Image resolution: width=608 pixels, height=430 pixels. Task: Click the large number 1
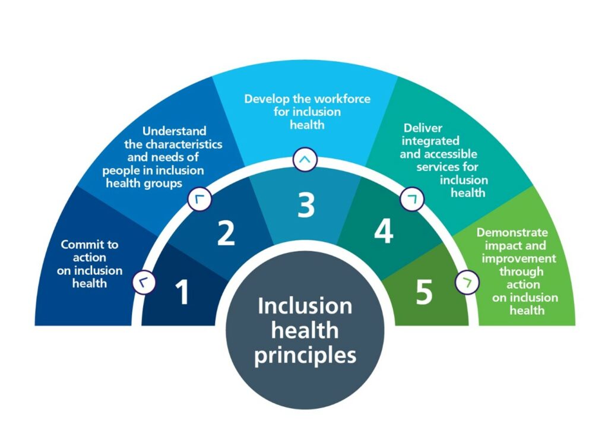182,292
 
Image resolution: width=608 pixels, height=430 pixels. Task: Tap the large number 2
226,233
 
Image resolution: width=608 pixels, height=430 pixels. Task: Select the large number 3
306,205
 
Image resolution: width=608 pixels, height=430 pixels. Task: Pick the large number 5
424,292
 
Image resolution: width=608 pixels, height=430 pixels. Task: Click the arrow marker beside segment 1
144,282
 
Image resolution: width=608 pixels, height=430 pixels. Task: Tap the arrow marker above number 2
199,200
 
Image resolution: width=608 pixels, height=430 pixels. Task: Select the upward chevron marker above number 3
305,159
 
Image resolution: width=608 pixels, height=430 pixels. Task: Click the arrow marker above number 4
412,200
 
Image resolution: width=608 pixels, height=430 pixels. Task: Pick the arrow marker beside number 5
467,282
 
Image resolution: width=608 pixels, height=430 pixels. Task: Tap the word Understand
175,131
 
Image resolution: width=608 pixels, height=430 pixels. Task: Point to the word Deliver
423,128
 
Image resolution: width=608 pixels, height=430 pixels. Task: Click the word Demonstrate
512,232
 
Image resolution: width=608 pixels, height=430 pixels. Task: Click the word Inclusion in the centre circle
305,306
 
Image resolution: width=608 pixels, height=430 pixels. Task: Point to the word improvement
519,258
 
